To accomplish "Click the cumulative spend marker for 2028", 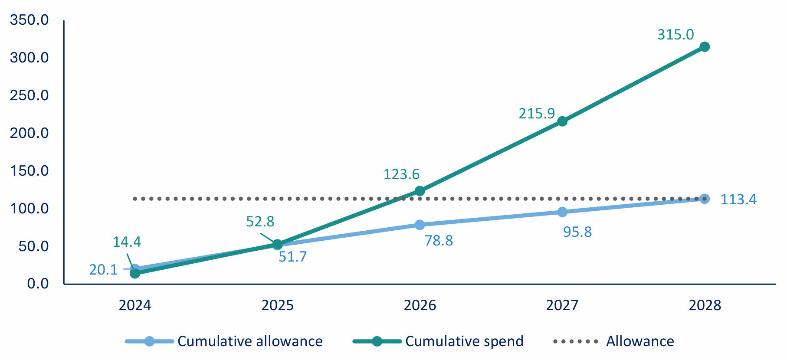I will [705, 47].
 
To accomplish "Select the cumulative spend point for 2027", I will [562, 121].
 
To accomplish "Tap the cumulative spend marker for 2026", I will [420, 191].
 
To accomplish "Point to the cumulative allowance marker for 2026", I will [420, 225].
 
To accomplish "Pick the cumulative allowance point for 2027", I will [562, 212].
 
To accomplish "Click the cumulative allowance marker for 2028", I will [705, 199].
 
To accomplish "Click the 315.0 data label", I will [676, 35].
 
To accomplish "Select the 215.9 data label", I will [537, 114].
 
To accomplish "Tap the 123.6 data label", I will [401, 174].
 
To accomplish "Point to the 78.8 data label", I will [439, 241].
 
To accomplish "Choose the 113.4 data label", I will [738, 200].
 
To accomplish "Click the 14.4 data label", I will [127, 242].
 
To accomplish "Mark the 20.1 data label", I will [103, 270].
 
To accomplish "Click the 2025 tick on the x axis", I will [277, 305].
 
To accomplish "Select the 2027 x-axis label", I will [562, 305].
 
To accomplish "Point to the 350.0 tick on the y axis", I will [30, 20].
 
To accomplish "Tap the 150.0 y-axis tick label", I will [30, 171].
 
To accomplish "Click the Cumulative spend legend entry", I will [438, 341].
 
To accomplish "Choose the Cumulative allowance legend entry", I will [224, 341].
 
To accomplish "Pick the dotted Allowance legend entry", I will [613, 341].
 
